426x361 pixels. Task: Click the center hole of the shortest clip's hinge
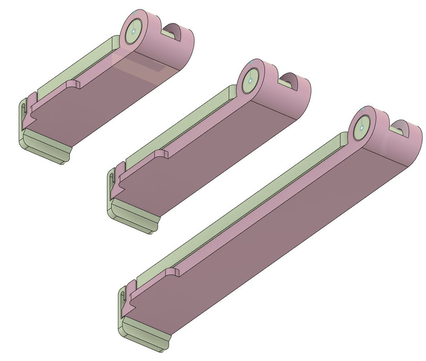point(134,31)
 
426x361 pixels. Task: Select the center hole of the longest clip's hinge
point(362,128)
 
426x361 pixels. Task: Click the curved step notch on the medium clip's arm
point(162,153)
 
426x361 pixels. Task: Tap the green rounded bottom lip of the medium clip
point(133,219)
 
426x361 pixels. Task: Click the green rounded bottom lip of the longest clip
point(146,337)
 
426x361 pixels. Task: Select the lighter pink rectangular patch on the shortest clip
point(141,69)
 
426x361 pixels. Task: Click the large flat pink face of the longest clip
point(266,237)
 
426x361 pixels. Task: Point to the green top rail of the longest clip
point(241,208)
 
